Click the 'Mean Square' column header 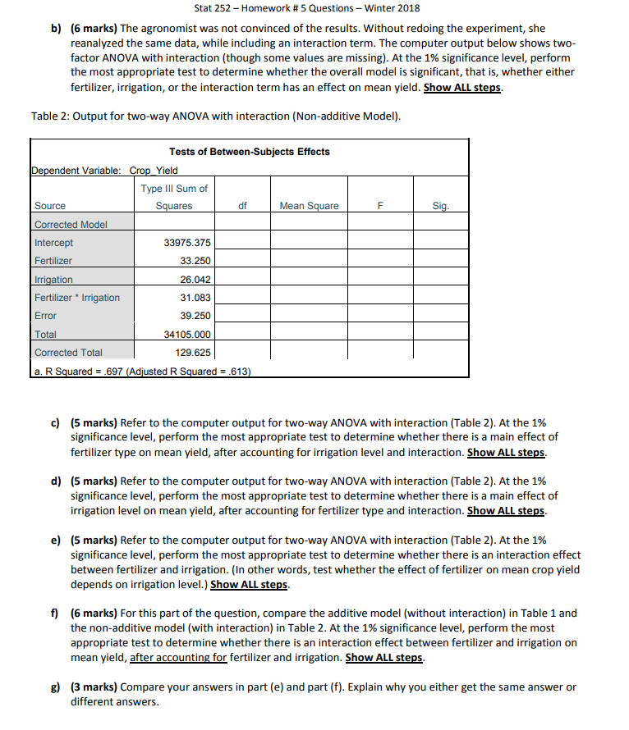pyautogui.click(x=309, y=206)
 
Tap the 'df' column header pyautogui.click(x=242, y=206)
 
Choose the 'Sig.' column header pyautogui.click(x=441, y=206)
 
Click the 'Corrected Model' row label pyautogui.click(x=71, y=224)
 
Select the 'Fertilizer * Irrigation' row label pyautogui.click(x=77, y=297)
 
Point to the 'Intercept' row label pyautogui.click(x=53, y=243)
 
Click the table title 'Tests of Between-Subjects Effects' pyautogui.click(x=249, y=151)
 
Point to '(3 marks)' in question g pyautogui.click(x=94, y=687)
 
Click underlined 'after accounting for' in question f pyautogui.click(x=177, y=658)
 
